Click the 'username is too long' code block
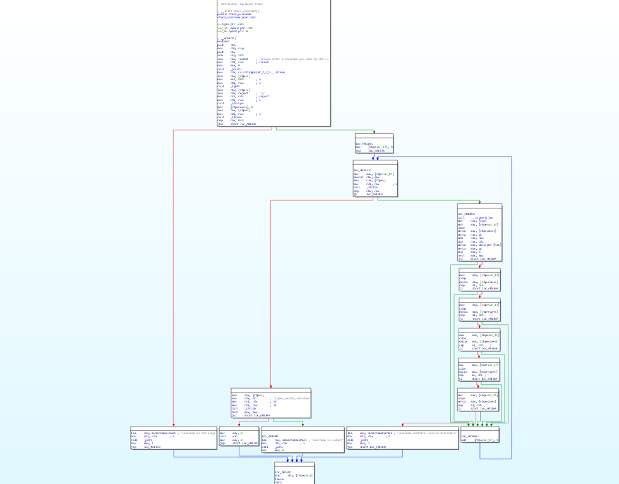point(173,437)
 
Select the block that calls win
point(238,437)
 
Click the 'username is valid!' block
point(302,437)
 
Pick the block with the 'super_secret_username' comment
point(271,404)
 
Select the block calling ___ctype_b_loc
point(479,233)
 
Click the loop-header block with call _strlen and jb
point(375,179)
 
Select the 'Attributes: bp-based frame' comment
point(241,4)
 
